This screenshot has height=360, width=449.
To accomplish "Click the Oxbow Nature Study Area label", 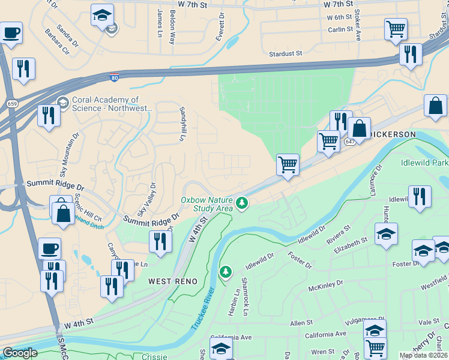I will pyautogui.click(x=206, y=204).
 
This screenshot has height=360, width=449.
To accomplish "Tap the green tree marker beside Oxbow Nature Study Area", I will pyautogui.click(x=242, y=203).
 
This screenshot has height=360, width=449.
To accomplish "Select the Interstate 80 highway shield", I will pyautogui.click(x=114, y=77).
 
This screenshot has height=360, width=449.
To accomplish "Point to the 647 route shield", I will pyautogui.click(x=350, y=142).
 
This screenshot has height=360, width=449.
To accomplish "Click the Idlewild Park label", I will pyautogui.click(x=424, y=163).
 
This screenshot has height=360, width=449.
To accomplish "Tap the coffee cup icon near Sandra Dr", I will pyautogui.click(x=10, y=32).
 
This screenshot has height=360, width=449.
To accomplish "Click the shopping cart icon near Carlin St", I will pyautogui.click(x=396, y=28).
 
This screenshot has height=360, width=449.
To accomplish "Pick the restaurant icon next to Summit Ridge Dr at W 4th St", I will pyautogui.click(x=160, y=241).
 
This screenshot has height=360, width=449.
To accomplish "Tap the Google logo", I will pyautogui.click(x=20, y=353).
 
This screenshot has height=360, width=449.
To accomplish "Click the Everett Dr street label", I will pyautogui.click(x=221, y=24).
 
